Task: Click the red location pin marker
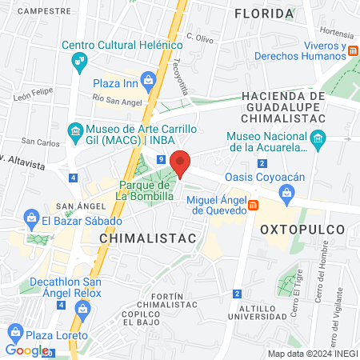tap(181, 163)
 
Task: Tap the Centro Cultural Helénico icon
tap(78, 62)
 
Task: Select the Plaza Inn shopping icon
tap(148, 79)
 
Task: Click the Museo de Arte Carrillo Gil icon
tap(75, 129)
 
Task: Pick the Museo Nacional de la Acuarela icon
tap(318, 141)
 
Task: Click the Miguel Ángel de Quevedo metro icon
tap(254, 205)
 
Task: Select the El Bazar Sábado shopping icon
tap(32, 218)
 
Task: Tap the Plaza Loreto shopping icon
tap(14, 331)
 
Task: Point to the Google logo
tap(26, 350)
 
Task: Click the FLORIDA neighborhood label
tap(263, 14)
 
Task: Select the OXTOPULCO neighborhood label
tap(302, 230)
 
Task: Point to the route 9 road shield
tap(162, 160)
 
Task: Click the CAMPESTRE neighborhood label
tap(43, 11)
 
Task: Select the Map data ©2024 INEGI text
tap(311, 354)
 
